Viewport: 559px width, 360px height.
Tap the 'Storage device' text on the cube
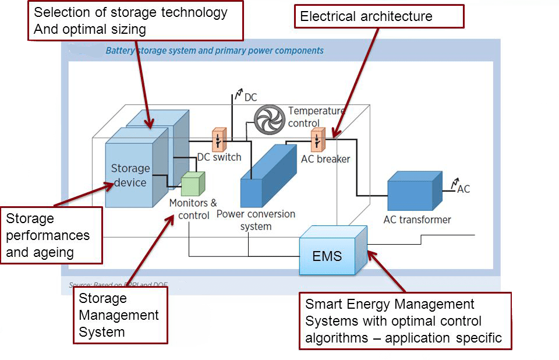point(130,175)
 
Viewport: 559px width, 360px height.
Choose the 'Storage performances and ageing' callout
point(51,235)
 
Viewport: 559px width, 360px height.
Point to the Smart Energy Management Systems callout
point(405,321)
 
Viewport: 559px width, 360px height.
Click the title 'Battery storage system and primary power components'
point(214,51)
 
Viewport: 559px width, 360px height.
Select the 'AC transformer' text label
point(417,220)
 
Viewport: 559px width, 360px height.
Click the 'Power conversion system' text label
point(256,220)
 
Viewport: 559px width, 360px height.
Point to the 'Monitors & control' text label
point(193,209)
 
